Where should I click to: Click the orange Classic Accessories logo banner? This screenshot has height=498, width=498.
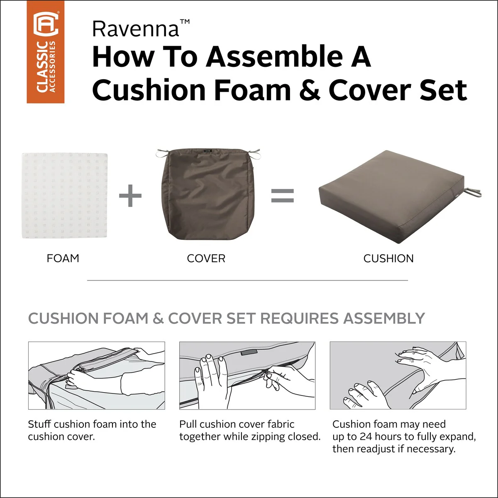click(x=46, y=52)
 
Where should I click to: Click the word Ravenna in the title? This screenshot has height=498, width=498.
click(x=136, y=29)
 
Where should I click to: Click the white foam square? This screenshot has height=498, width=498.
click(x=64, y=195)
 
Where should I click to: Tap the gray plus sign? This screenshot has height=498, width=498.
click(x=130, y=195)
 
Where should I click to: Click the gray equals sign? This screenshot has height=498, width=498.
click(x=283, y=195)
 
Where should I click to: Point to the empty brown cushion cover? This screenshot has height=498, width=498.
click(x=208, y=194)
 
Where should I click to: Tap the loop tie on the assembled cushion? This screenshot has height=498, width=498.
click(x=473, y=192)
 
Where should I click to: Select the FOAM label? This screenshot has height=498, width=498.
click(x=63, y=259)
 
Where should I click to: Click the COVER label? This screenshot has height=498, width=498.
click(x=206, y=259)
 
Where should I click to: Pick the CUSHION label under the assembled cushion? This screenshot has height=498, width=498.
click(x=388, y=259)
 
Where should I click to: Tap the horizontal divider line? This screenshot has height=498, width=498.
click(x=247, y=280)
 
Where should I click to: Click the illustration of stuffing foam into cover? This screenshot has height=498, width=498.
click(x=96, y=376)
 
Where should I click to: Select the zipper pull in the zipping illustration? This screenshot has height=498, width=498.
click(x=266, y=375)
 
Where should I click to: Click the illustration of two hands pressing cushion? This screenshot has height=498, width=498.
click(x=398, y=376)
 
